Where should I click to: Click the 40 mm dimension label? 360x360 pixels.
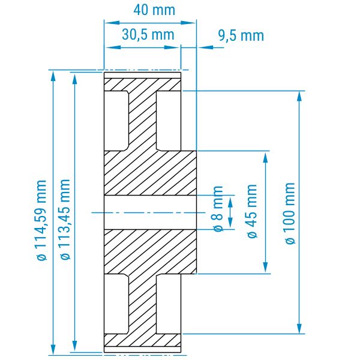[x=154, y=10]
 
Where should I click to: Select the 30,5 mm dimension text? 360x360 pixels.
[x=148, y=35]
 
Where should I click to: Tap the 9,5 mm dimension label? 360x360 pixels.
[x=241, y=35]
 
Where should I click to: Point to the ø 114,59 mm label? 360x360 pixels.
[x=42, y=220]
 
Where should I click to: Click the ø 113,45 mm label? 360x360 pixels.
[x=65, y=219]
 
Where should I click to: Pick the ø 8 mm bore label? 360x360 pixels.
[x=218, y=209]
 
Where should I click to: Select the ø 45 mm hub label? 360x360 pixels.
[x=252, y=211]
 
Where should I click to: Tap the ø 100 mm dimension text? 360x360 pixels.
[x=290, y=214]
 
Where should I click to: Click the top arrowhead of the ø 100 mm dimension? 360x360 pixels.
[x=299, y=96]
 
